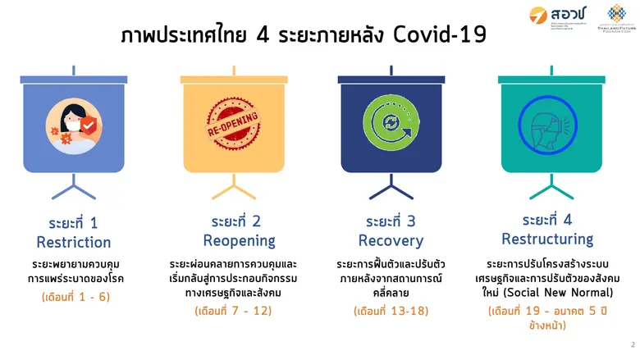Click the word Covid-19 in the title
tap(434, 36)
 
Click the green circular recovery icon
tap(391, 125)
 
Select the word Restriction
tap(74, 243)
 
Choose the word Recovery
tap(391, 241)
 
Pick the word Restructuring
tap(547, 239)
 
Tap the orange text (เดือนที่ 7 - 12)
tap(233, 311)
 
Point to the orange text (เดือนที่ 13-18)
tap(391, 311)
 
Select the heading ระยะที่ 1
tap(74, 223)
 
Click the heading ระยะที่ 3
tap(391, 221)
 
